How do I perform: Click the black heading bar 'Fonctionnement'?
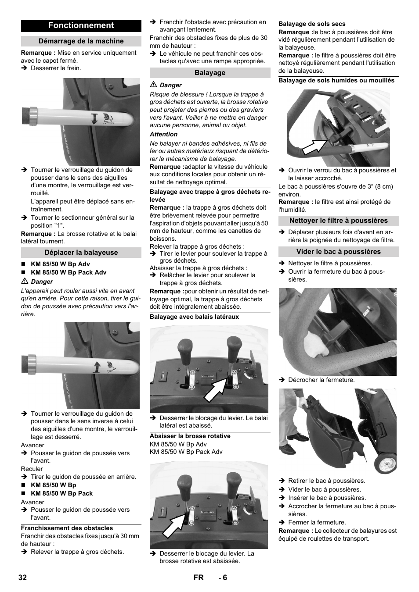click(x=81, y=26)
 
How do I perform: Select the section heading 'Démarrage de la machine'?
click(x=81, y=41)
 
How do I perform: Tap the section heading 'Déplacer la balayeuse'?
click(x=81, y=253)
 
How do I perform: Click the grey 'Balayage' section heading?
click(x=210, y=73)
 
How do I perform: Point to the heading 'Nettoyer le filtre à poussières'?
click(x=339, y=221)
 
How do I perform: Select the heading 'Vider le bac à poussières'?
click(x=339, y=252)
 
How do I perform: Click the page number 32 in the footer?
click(x=23, y=578)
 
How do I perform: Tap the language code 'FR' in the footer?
click(x=199, y=578)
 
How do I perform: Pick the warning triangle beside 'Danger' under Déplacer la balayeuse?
click(x=25, y=282)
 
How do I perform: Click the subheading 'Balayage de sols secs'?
click(x=312, y=24)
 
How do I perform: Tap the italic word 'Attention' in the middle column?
click(x=163, y=135)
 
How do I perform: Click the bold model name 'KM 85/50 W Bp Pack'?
click(x=61, y=493)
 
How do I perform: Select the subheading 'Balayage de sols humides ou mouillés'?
click(x=336, y=81)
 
